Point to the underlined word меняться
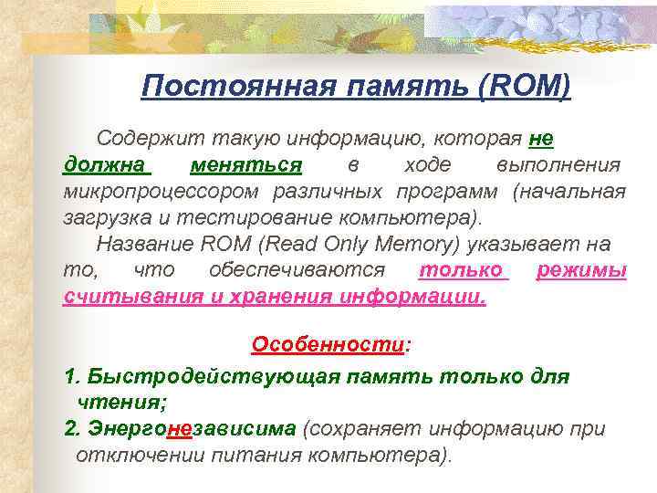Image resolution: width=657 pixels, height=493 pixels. pos(246,166)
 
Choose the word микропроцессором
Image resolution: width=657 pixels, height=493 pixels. pos(160,193)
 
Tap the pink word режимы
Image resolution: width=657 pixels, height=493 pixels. pos(581,271)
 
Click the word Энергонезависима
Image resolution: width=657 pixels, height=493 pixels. pos(192,429)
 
